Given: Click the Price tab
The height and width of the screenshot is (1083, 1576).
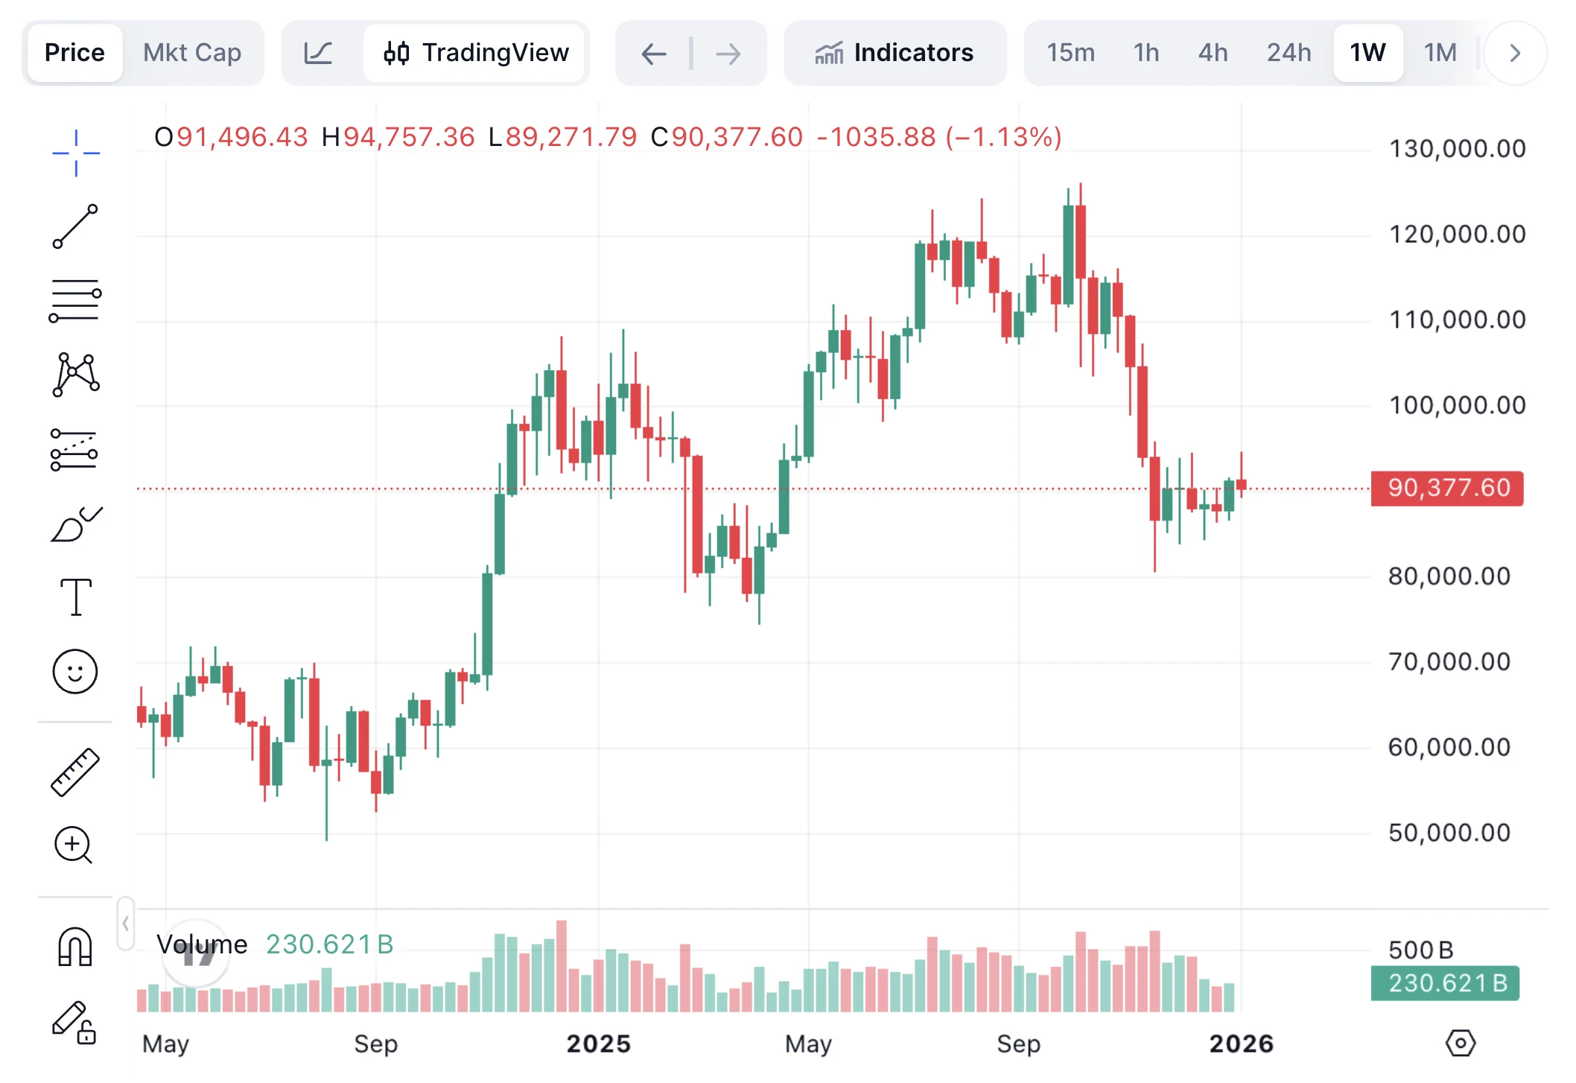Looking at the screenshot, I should (74, 53).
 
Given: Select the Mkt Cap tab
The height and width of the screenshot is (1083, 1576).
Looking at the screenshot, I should (192, 53).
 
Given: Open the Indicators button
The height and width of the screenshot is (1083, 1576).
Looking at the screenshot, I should (895, 53).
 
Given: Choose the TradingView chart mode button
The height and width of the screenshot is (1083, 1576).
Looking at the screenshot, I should (476, 53).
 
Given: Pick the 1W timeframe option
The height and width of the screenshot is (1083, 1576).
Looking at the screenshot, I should (1367, 53).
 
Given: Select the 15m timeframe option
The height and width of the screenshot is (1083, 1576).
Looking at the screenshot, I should (1070, 53).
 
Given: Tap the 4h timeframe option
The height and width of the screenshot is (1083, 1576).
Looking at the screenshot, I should (1213, 53).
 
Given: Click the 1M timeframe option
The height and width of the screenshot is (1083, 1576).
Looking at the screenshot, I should (1440, 53).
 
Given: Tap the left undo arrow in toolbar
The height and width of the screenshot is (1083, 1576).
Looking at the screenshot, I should (653, 54).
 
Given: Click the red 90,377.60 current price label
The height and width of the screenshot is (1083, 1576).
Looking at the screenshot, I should (1448, 488).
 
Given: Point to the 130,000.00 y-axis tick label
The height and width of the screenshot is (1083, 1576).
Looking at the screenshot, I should (1457, 149).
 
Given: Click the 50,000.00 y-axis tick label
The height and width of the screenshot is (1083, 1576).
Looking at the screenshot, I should (1449, 833).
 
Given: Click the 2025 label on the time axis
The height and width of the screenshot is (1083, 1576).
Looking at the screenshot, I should (598, 1044).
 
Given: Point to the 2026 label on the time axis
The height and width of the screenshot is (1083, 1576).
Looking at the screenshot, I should (1241, 1044).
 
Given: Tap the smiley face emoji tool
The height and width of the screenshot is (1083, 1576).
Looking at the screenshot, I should (75, 671).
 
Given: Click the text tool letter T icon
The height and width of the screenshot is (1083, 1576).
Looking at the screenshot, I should (75, 597).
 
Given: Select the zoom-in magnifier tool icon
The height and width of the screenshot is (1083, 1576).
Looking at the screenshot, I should (74, 845).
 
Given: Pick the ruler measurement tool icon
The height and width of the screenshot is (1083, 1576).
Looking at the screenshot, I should (75, 772).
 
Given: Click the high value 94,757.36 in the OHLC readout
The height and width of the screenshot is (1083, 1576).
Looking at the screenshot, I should (408, 137).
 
